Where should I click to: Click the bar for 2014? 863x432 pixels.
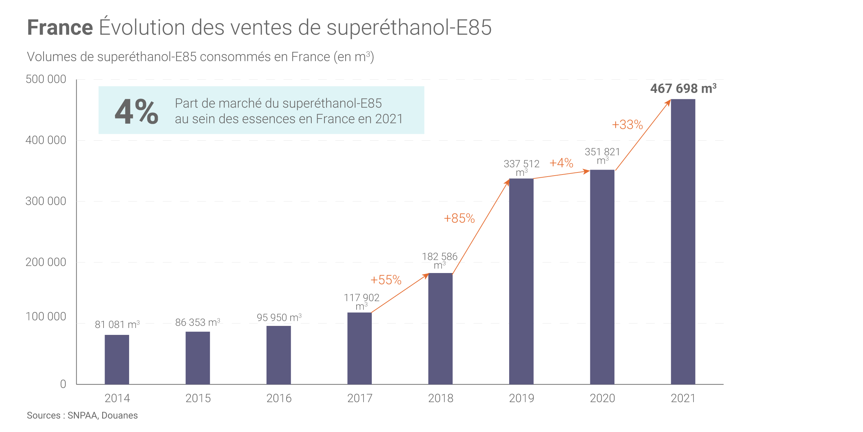click(117, 359)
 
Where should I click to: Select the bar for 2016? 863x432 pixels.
click(279, 355)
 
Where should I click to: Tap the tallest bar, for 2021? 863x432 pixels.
click(683, 242)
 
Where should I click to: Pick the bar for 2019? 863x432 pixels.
click(521, 281)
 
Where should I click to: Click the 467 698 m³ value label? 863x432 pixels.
click(683, 88)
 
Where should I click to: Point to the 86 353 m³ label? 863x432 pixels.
click(197, 322)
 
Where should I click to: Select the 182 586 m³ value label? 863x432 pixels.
click(439, 261)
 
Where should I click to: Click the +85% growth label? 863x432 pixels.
click(459, 218)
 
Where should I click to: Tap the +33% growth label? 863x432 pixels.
click(627, 125)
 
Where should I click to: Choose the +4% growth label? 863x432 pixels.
click(561, 163)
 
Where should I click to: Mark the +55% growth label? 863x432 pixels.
click(386, 280)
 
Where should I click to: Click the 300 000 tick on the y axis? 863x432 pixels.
click(46, 201)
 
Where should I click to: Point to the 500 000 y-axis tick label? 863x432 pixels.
click(46, 79)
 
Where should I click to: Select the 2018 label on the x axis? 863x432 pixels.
click(440, 398)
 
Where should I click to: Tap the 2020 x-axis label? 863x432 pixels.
click(602, 398)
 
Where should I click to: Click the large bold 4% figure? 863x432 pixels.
click(136, 111)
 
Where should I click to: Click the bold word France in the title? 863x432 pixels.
click(60, 28)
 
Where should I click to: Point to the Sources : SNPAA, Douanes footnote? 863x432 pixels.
click(82, 415)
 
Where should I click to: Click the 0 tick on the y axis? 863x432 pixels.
click(63, 384)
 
